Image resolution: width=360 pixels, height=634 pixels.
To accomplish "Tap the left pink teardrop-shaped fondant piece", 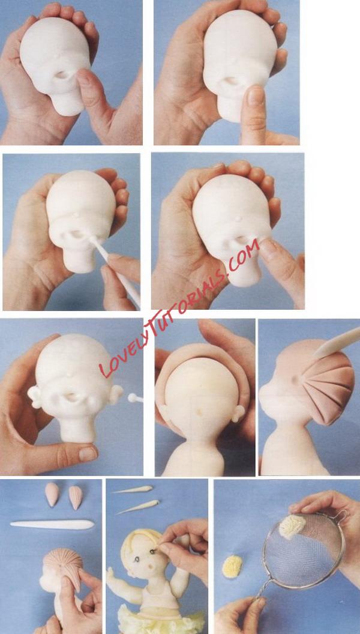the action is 52,494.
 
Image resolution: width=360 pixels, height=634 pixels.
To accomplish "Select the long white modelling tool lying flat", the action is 52,524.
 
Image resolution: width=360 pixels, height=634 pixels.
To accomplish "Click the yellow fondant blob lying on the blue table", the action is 232,566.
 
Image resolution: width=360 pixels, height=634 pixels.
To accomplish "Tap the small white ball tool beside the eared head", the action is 134,398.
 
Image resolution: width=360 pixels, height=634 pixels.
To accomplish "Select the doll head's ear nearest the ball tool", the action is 116,394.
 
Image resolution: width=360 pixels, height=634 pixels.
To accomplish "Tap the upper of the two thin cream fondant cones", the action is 133,490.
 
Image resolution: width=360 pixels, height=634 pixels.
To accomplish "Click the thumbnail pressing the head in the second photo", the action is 256,96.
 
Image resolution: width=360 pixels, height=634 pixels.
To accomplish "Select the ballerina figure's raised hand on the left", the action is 110,573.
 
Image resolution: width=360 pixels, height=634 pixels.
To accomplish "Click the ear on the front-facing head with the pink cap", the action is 238,413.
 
